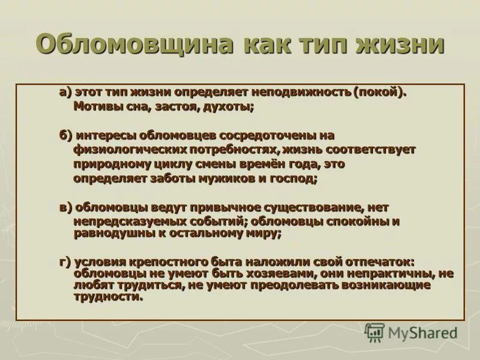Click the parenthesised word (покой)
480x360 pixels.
tap(380, 92)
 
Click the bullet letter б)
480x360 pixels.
tap(65, 135)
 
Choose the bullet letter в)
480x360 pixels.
tap(65, 207)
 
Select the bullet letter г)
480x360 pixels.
tap(65, 262)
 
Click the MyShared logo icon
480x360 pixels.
tap(374, 332)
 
